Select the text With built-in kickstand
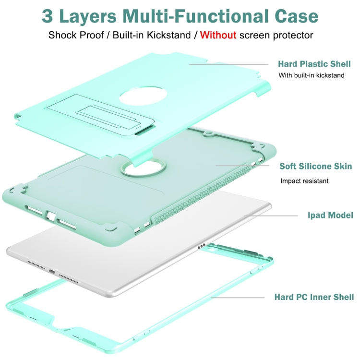[312, 75]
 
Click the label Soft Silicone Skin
[316, 167]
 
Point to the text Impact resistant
[304, 181]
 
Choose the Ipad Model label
[330, 215]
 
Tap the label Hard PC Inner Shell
[314, 297]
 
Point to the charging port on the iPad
[51, 271]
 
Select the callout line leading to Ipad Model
[272, 216]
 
